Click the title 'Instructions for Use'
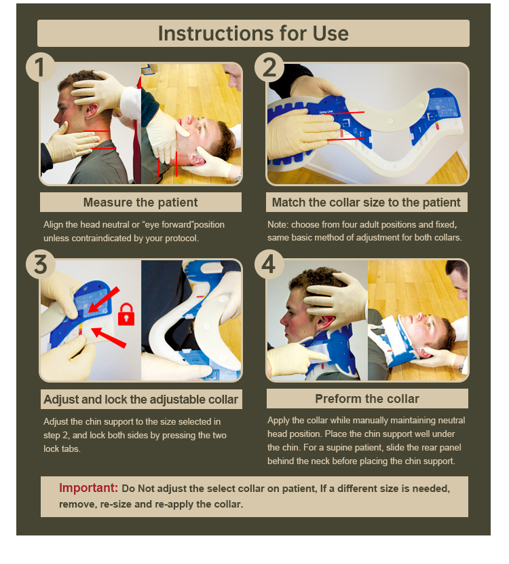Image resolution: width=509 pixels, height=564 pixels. click(x=253, y=33)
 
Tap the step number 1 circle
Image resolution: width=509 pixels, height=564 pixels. click(x=40, y=67)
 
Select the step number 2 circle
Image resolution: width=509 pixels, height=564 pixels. click(x=269, y=67)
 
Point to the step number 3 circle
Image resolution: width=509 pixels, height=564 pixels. click(x=40, y=264)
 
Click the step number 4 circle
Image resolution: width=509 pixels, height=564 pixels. click(x=269, y=264)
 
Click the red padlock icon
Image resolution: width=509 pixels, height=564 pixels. click(x=126, y=315)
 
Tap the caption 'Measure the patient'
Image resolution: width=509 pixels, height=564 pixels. click(x=140, y=202)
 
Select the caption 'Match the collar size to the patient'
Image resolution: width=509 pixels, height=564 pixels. click(x=366, y=202)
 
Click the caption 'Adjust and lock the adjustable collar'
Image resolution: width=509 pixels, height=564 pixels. click(x=140, y=400)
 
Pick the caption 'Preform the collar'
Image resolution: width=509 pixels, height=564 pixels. click(x=367, y=399)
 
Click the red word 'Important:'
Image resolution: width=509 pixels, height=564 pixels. click(x=88, y=488)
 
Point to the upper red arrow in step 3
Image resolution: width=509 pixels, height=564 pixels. click(x=103, y=300)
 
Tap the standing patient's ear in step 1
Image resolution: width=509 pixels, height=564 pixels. click(x=90, y=111)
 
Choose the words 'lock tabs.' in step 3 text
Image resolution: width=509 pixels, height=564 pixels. click(x=62, y=449)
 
